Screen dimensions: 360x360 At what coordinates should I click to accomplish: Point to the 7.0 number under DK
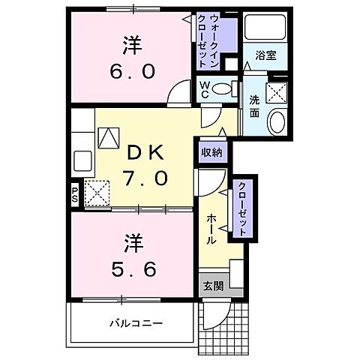pos(151,180)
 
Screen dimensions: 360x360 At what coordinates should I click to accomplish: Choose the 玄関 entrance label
pos(211,285)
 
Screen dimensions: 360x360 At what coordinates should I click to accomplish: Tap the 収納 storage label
pos(211,152)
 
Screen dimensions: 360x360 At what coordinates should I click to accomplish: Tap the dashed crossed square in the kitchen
pos(96,192)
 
